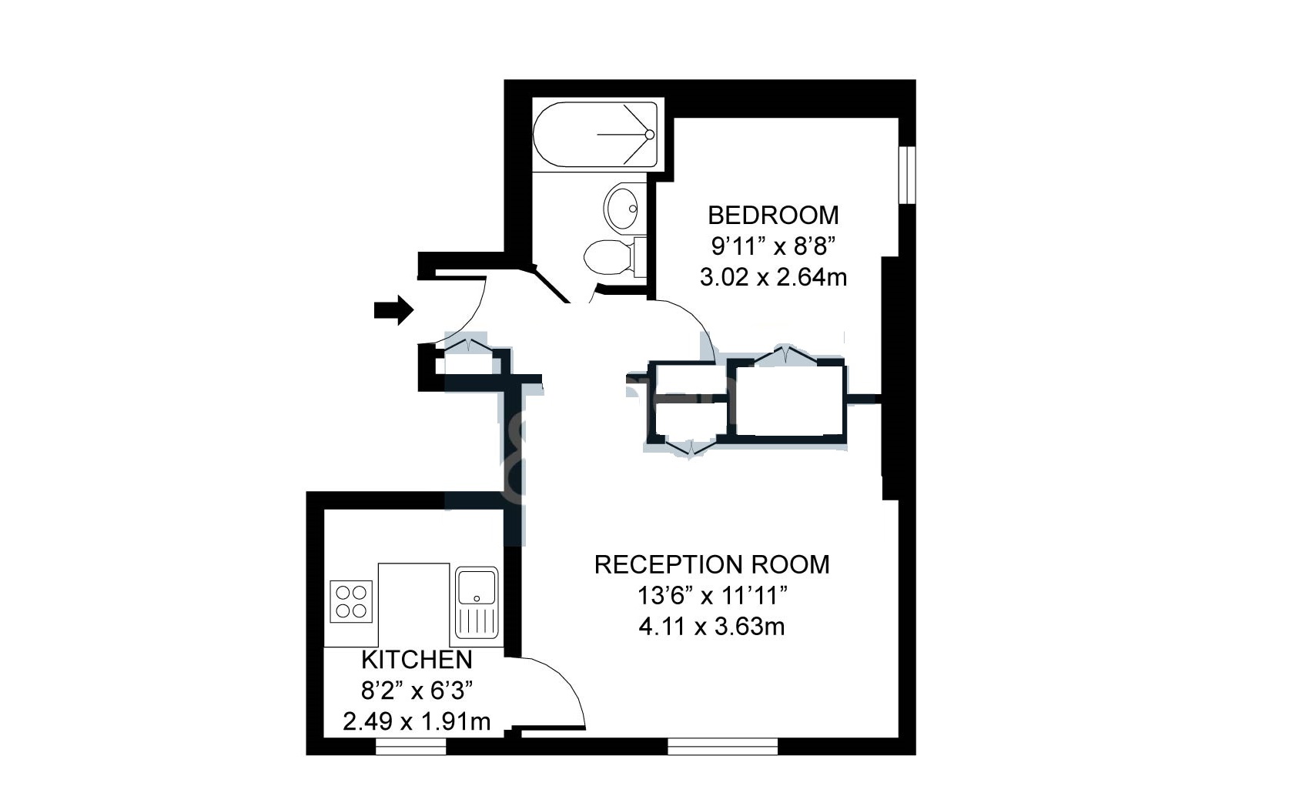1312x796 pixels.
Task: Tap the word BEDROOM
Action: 773,216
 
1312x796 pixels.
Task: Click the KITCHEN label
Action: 417,660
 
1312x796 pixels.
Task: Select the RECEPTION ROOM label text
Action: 711,564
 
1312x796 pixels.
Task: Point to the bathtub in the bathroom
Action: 595,134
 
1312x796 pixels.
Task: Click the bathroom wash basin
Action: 621,207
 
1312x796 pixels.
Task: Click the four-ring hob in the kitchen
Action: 351,601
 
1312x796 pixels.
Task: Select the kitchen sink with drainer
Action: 477,602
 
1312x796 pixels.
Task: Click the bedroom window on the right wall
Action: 907,175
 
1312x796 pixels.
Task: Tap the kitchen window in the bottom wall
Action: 410,746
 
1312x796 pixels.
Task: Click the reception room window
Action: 723,746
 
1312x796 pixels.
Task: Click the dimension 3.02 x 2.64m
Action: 773,277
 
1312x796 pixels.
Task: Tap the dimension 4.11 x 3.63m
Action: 711,627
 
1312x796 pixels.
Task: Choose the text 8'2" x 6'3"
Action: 417,691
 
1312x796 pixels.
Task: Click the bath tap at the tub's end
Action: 649,135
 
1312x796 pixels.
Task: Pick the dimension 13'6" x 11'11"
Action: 711,597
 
